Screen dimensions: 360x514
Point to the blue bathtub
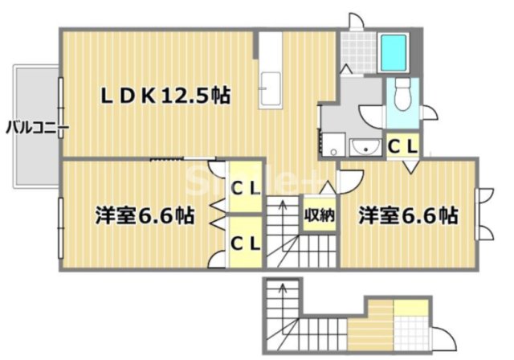click(394, 51)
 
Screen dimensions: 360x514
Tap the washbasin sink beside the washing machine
click(366, 146)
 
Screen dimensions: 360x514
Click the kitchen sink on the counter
click(270, 84)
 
